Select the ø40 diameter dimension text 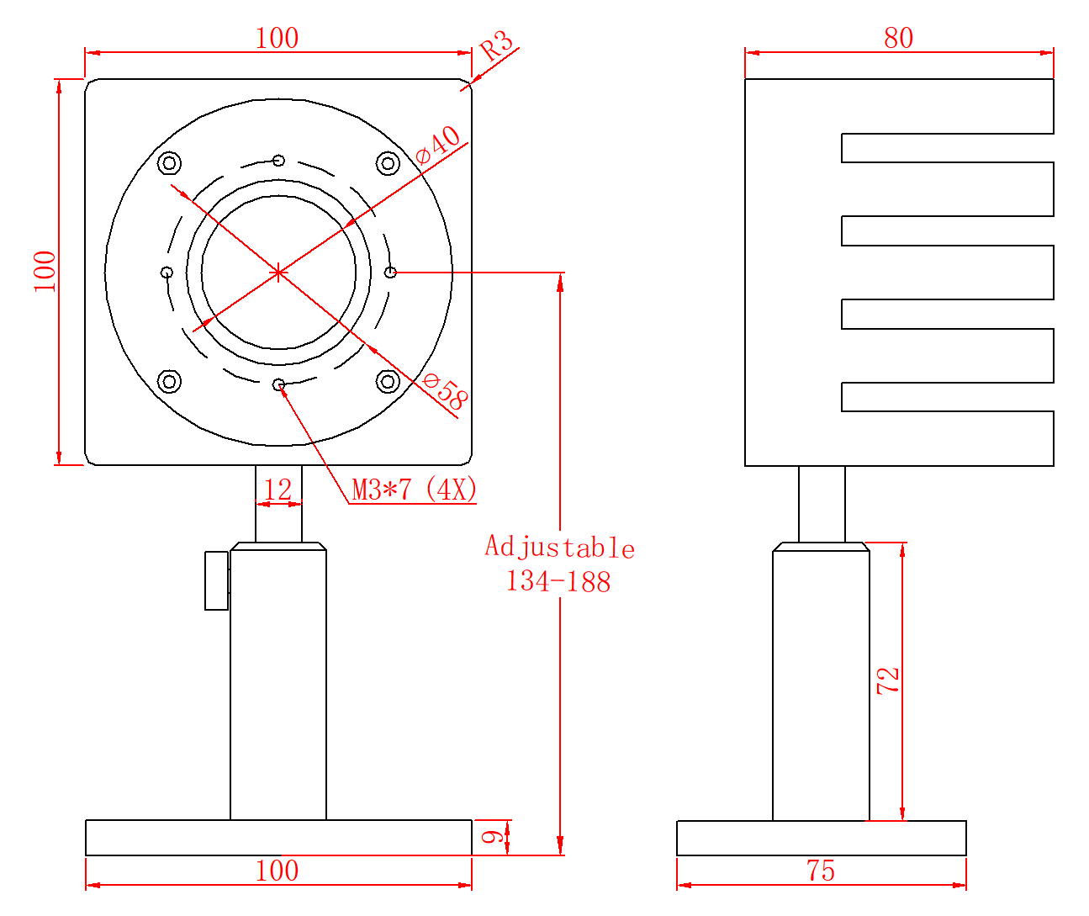[x=438, y=145]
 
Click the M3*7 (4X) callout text [x=414, y=489]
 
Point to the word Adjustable [x=559, y=548]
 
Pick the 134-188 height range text [x=558, y=581]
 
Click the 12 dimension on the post [x=278, y=490]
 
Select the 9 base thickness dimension [x=494, y=836]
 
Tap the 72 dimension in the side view [x=888, y=680]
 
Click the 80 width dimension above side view [x=898, y=38]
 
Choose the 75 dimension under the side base [x=821, y=871]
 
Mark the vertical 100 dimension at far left [x=45, y=271]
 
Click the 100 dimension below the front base [x=277, y=871]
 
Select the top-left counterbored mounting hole [x=170, y=162]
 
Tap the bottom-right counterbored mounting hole [x=387, y=381]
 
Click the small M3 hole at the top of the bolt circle [x=278, y=161]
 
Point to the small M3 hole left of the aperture [x=167, y=272]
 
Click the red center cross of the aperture [x=278, y=272]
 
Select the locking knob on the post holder [x=217, y=580]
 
